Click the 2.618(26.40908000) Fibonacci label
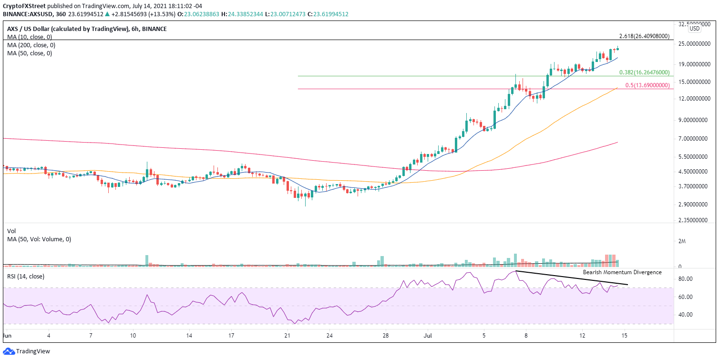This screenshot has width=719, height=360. click(x=644, y=36)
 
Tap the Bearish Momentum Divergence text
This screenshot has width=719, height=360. click(x=622, y=272)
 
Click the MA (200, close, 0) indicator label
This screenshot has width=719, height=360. click(x=31, y=45)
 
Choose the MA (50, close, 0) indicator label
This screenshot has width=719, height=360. click(x=30, y=53)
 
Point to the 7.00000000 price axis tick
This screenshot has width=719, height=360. click(x=697, y=139)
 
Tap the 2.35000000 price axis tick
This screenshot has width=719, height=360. click(x=697, y=221)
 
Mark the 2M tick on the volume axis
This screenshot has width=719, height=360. click(x=682, y=241)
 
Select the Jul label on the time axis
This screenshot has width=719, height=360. click(x=428, y=336)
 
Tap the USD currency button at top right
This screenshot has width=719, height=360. click(x=695, y=29)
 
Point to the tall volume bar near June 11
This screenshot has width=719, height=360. click(x=147, y=260)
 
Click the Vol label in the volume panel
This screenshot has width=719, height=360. click(x=11, y=231)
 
